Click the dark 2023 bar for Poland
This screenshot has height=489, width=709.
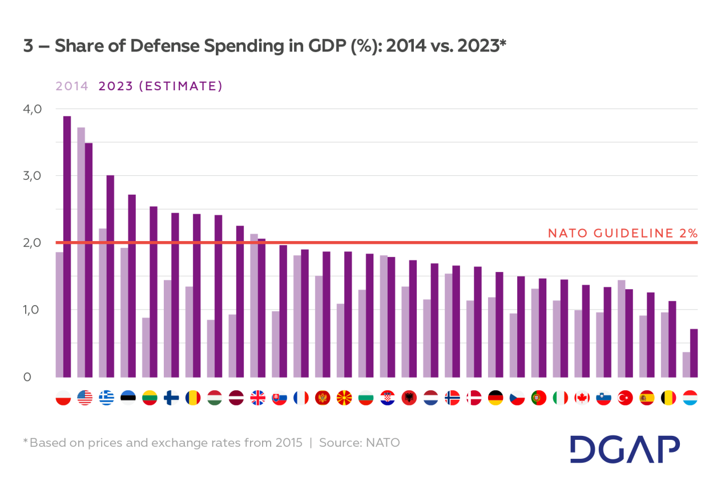coord(67,246)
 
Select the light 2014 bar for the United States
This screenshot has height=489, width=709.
coord(81,252)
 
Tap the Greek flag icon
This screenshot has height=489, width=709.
coord(106,398)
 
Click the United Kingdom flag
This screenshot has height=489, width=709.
coord(257,398)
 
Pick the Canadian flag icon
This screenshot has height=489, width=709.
coord(582,398)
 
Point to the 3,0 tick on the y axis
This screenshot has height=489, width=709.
coord(33,175)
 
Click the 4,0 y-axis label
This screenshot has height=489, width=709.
coord(33,109)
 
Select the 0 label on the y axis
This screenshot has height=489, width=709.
coord(27,377)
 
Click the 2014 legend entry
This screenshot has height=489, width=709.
coord(71,86)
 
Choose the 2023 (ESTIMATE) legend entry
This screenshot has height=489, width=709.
coord(160,86)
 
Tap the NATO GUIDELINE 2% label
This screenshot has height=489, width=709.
coord(622,233)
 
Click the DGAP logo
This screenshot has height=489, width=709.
coord(625,449)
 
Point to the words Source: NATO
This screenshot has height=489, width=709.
coord(359,443)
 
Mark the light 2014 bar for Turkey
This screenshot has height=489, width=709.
coord(621,328)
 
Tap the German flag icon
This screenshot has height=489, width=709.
coord(496,398)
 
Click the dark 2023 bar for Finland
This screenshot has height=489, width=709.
coord(175,295)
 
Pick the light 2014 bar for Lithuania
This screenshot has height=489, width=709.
coord(146,347)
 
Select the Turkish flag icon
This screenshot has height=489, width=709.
coord(625,398)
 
